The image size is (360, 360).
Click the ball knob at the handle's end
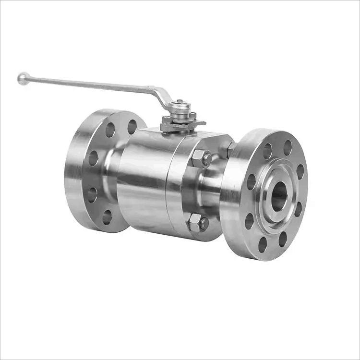pos(23,78)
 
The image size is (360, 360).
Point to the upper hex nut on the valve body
pos(201,158)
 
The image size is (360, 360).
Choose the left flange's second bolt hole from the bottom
pos(92,194)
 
